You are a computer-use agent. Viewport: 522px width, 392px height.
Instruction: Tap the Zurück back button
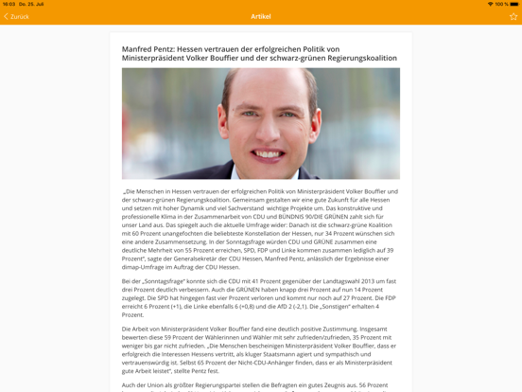pos(17,16)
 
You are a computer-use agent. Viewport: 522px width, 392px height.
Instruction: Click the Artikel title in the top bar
pos(261,16)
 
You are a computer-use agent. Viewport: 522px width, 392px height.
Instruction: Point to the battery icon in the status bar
pos(513,4)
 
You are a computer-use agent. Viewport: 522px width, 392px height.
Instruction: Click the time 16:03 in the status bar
pos(9,4)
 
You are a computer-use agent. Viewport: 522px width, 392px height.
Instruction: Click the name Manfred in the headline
pos(140,48)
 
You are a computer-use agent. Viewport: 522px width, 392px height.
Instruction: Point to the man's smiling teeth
pos(268,153)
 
